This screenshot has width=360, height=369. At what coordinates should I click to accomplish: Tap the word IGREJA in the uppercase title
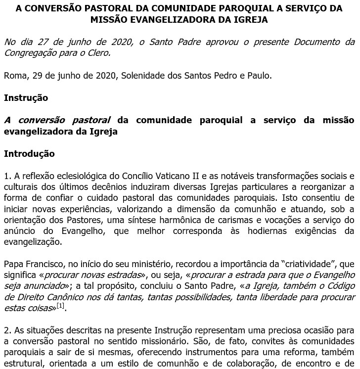pos(250,20)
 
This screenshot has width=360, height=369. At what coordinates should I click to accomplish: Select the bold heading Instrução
pos(26,98)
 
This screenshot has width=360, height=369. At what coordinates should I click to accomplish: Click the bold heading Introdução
pos(29,154)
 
